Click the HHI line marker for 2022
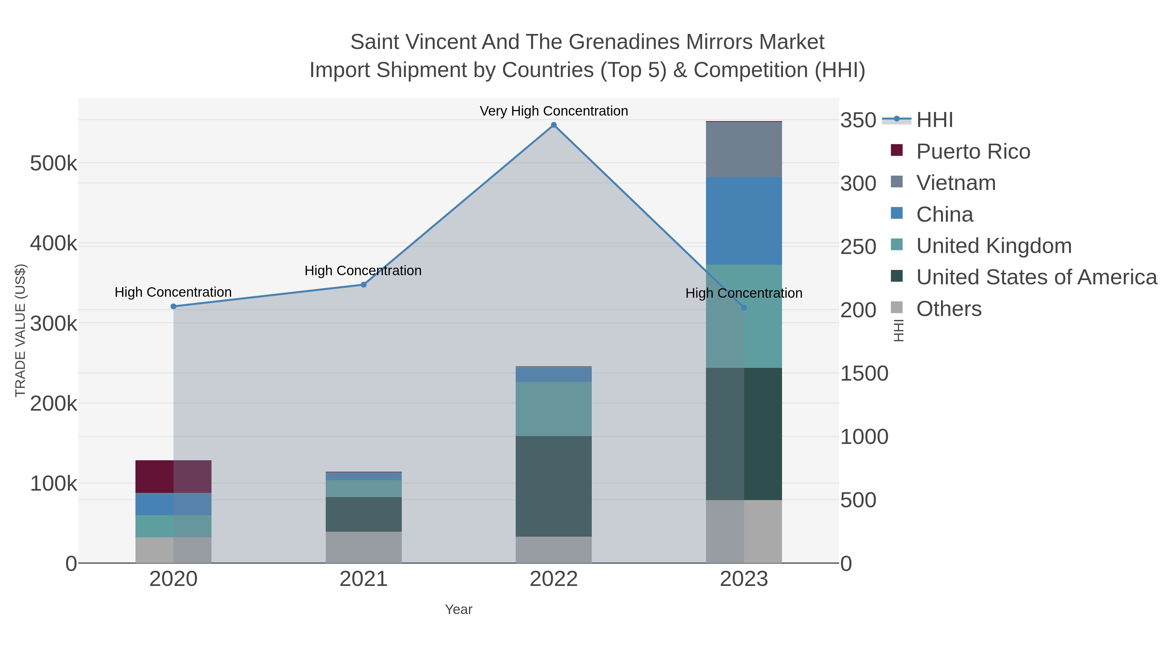click(554, 125)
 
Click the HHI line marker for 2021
click(364, 285)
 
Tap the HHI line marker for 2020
click(173, 307)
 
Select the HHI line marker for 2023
click(744, 308)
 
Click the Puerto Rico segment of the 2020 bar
click(173, 476)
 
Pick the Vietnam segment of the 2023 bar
click(744, 150)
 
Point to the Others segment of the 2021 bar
click(364, 547)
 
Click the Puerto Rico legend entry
click(973, 151)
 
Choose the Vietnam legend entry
click(956, 183)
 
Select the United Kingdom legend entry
click(994, 246)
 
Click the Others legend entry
click(949, 309)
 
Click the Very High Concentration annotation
click(554, 111)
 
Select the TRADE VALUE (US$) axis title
click(21, 330)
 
